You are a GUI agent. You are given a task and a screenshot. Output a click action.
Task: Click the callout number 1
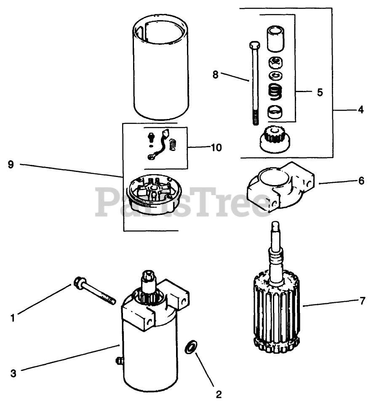12,318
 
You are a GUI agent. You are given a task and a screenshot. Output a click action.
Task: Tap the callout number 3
13,373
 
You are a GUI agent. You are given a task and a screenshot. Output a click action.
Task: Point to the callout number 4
361,110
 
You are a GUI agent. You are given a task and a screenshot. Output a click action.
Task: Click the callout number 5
320,92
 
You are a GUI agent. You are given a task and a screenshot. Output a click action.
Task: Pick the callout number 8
215,74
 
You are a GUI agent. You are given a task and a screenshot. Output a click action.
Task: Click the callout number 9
11,164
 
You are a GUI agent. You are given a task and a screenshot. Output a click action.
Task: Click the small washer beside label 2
191,347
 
